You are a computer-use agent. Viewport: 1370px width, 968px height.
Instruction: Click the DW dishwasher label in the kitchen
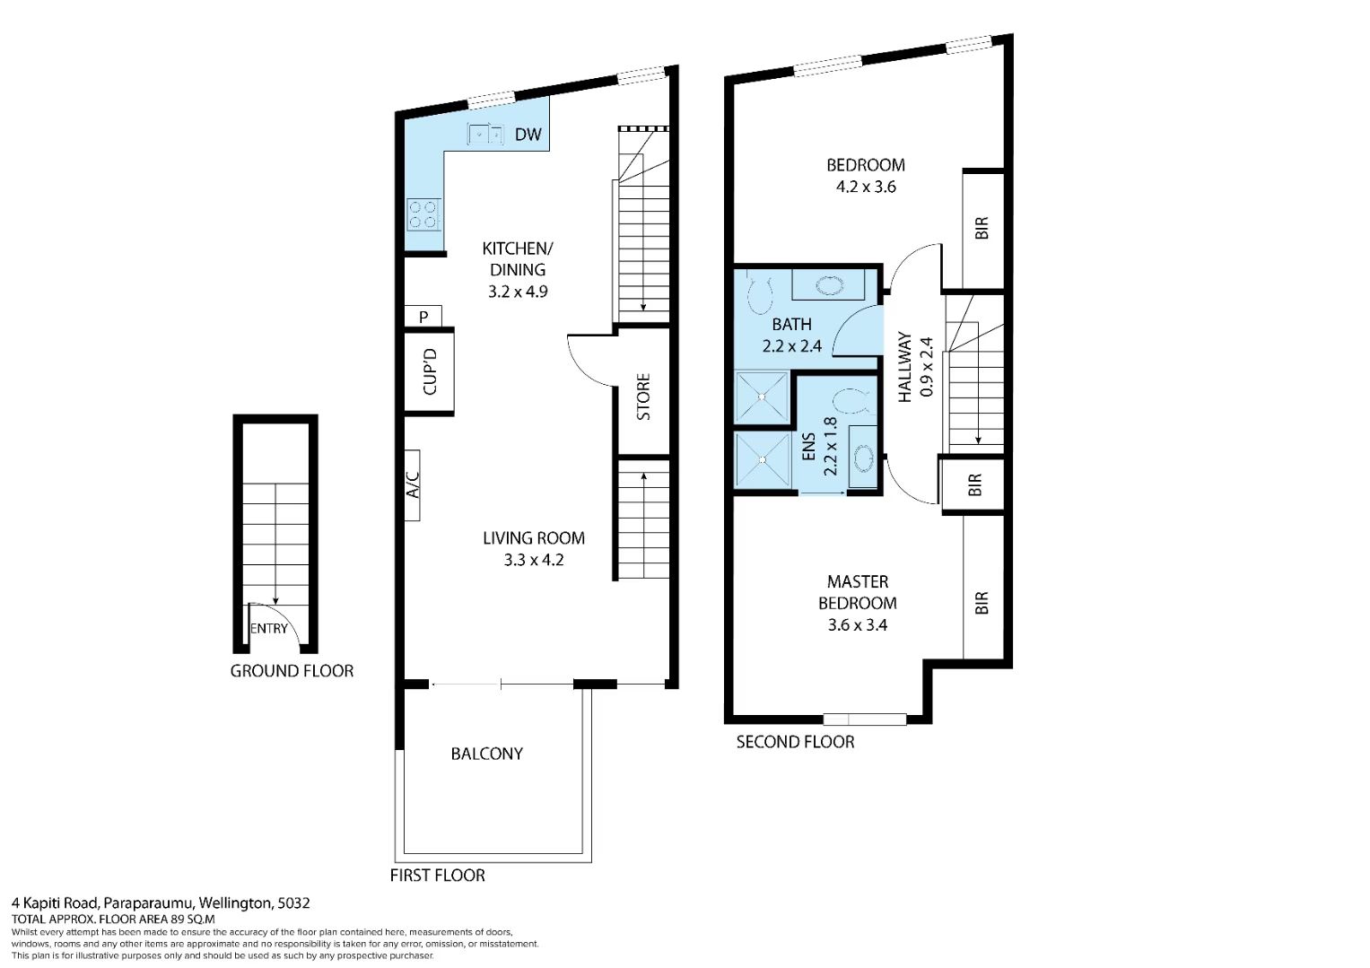(528, 134)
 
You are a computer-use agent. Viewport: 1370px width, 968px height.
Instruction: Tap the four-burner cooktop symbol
(423, 214)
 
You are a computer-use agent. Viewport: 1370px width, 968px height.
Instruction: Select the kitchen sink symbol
(485, 134)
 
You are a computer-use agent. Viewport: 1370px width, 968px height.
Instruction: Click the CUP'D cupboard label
(430, 371)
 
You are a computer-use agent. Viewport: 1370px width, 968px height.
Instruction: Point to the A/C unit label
(413, 484)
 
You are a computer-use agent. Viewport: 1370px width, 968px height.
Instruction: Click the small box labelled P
(423, 317)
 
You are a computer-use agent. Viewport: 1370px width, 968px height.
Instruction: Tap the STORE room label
(643, 397)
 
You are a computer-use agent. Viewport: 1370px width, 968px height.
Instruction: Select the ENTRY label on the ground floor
(268, 628)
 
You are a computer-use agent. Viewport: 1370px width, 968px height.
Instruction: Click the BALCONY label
(487, 754)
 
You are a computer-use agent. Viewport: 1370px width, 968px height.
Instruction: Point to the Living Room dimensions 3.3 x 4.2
(533, 560)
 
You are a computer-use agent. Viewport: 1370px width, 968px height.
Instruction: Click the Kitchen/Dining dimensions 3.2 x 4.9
(518, 292)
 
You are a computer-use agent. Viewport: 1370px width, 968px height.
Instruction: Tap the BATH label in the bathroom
(791, 324)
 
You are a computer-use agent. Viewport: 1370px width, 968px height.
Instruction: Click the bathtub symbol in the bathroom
(828, 285)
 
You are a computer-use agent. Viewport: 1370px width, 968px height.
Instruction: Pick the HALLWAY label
(904, 367)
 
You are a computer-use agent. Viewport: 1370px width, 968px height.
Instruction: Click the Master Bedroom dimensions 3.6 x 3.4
(858, 625)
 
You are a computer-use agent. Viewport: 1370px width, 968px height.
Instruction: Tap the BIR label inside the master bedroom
(981, 603)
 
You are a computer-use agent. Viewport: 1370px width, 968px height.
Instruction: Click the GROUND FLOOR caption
(292, 671)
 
